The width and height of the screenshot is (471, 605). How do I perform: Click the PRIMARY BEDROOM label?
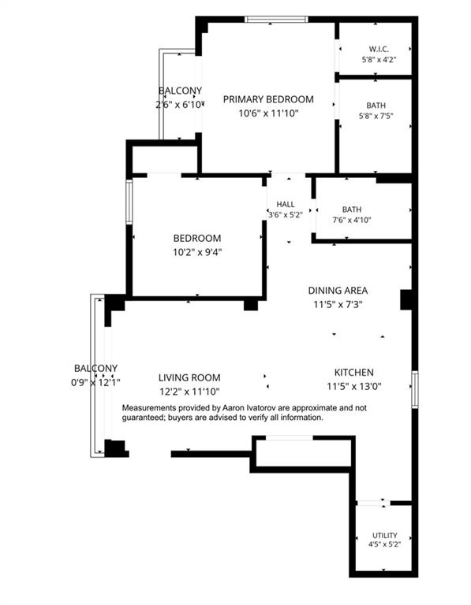click(x=268, y=99)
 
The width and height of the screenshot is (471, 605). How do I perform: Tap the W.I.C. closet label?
click(x=379, y=49)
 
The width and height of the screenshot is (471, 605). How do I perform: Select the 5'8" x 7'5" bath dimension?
click(x=376, y=116)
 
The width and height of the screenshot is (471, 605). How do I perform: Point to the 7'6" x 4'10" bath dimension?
click(x=352, y=220)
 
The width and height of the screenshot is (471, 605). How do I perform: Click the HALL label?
click(x=286, y=205)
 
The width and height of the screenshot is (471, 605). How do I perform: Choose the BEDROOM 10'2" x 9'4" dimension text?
click(x=197, y=252)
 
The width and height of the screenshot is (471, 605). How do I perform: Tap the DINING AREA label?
click(x=338, y=290)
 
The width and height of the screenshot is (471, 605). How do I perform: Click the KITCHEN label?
click(x=354, y=373)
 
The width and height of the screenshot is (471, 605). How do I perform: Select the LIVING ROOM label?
click(x=189, y=377)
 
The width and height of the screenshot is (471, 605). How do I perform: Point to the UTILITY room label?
click(x=385, y=535)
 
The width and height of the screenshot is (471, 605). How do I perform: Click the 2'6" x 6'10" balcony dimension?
click(x=179, y=105)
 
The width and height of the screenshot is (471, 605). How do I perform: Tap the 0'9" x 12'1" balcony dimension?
click(x=95, y=383)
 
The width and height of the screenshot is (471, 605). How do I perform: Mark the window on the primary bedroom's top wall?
click(x=277, y=19)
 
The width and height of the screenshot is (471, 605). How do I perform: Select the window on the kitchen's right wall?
click(x=414, y=389)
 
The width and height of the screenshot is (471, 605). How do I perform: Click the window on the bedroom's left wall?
click(x=129, y=202)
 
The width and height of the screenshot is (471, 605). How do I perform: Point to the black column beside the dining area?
click(x=406, y=300)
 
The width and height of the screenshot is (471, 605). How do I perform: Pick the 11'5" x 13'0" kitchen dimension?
click(x=354, y=386)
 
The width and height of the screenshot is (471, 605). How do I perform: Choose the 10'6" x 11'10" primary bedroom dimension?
click(x=268, y=113)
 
